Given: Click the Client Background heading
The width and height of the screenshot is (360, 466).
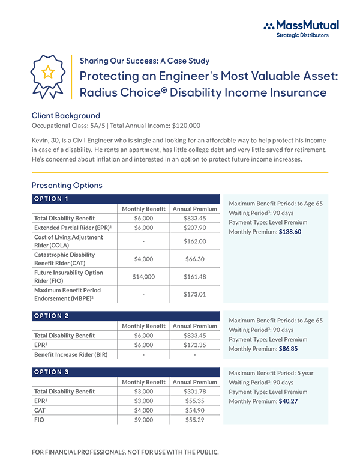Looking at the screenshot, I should (x=65, y=115).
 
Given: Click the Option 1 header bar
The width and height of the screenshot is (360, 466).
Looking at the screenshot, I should (x=125, y=199).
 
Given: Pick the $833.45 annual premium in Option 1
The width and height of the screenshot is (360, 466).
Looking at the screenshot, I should (x=194, y=219).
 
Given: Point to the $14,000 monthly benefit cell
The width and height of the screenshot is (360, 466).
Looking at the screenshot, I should (x=143, y=277).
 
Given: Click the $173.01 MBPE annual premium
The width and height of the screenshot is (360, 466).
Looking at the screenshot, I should (x=194, y=295).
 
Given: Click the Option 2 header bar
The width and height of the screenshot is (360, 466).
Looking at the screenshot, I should (x=125, y=316).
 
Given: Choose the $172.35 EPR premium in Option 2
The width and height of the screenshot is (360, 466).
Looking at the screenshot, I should (x=194, y=345).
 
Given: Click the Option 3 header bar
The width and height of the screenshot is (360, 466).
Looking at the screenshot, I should (x=125, y=372).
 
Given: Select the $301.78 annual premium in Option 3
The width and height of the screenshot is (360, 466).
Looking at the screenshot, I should (x=194, y=392).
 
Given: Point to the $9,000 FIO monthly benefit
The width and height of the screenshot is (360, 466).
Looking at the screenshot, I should (x=143, y=420).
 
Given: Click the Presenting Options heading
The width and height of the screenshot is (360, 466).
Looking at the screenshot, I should (x=67, y=185).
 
